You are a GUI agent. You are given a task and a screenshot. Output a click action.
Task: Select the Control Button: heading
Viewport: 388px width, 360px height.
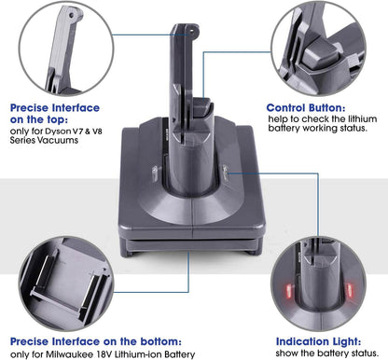coord(304,107)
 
